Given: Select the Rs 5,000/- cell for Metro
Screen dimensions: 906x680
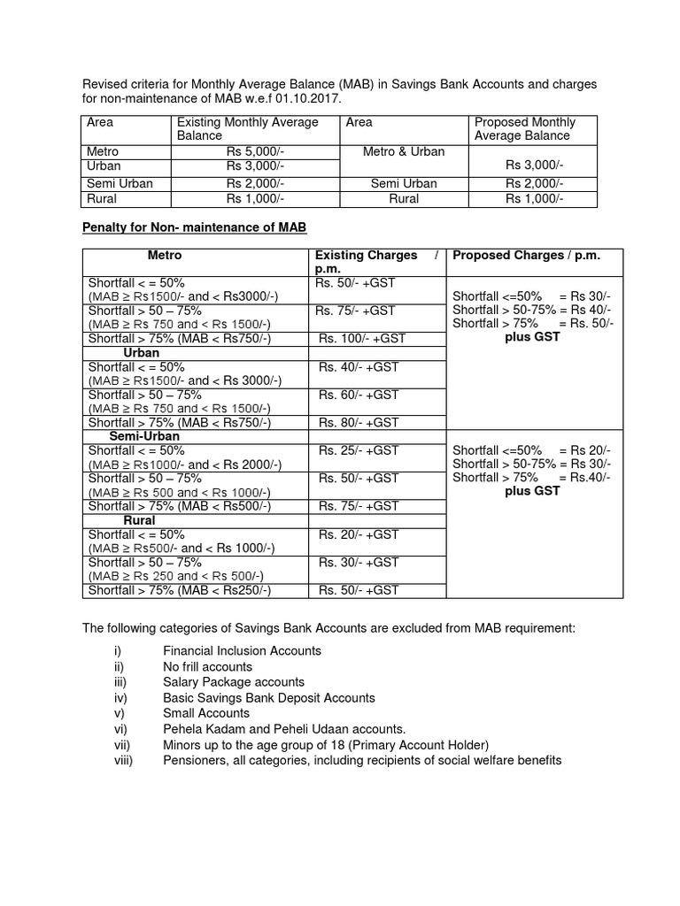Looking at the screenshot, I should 254,152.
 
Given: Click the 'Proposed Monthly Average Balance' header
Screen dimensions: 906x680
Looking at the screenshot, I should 525,128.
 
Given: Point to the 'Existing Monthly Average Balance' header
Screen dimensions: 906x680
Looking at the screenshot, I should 248,128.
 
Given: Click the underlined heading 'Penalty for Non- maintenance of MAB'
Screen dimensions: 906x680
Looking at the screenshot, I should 194,227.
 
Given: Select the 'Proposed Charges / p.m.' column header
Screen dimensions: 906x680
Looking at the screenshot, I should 526,256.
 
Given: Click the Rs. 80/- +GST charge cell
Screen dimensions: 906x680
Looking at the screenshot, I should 359,423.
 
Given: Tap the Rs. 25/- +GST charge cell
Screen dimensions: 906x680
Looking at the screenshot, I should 359,450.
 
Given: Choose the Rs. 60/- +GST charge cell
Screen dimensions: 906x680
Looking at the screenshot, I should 359,395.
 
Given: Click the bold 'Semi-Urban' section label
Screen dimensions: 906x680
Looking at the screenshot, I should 144,436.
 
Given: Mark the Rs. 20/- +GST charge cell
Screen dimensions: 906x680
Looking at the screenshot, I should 359,534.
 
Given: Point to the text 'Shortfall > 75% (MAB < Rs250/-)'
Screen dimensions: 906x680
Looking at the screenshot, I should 180,590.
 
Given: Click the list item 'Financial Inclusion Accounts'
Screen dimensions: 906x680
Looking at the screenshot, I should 242,650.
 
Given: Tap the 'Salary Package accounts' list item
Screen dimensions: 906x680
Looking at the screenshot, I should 234,682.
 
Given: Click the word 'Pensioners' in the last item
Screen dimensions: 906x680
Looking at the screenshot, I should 195,761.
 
